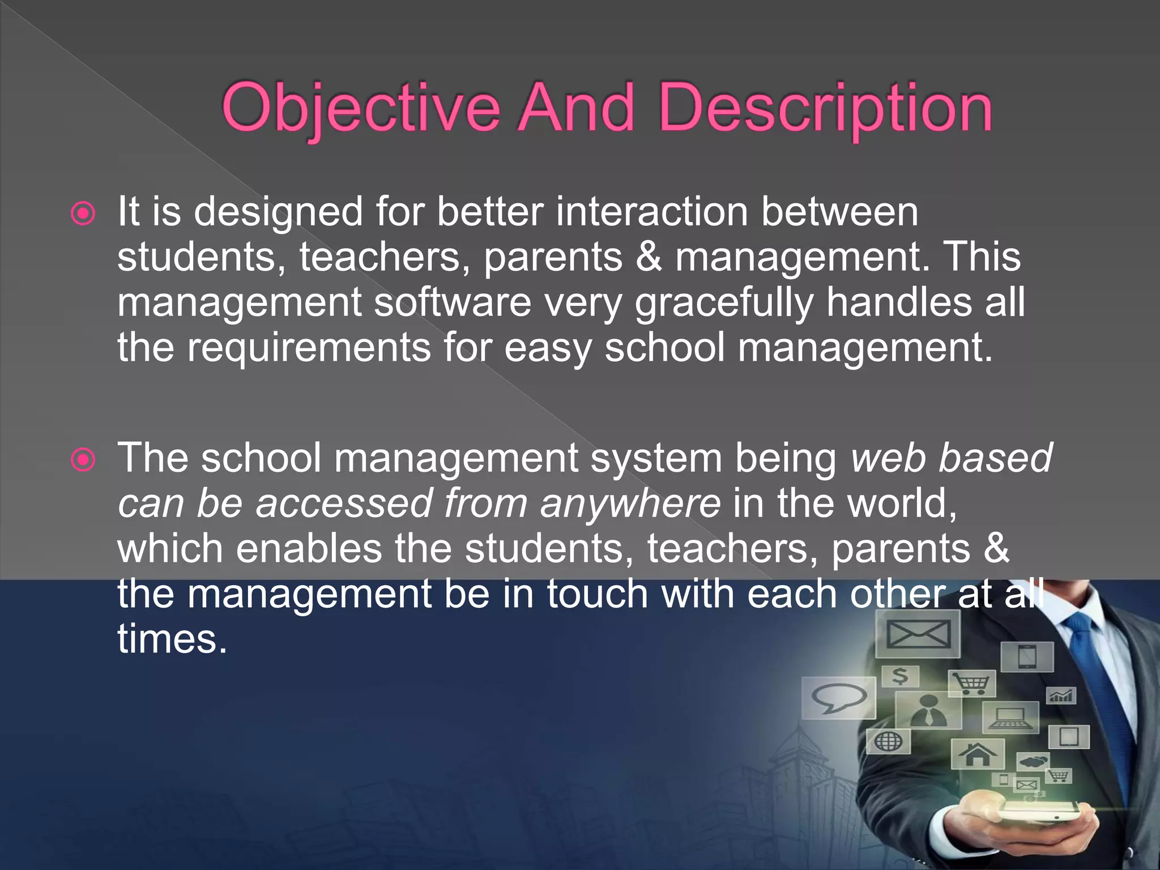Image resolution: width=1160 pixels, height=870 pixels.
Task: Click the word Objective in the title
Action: (361, 108)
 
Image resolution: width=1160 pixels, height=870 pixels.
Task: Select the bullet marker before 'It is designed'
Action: (83, 214)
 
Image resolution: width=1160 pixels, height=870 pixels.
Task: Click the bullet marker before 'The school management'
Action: (83, 460)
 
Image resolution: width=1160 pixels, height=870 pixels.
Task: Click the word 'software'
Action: (452, 302)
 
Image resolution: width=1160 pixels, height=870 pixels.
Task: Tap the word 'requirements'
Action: (309, 348)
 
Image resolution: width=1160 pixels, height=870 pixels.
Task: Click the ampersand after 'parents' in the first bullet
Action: (649, 257)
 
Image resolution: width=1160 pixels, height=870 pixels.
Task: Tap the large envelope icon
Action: (918, 633)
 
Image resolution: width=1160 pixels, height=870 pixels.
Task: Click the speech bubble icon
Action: (838, 698)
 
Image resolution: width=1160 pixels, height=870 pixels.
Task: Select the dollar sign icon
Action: (900, 676)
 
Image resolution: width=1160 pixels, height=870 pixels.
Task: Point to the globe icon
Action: (888, 741)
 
